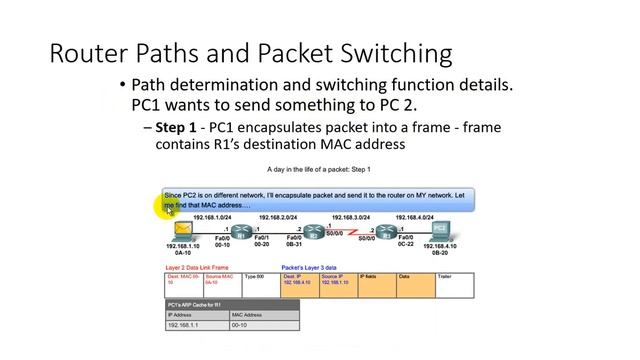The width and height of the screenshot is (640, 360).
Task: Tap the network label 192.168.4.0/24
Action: pos(414,217)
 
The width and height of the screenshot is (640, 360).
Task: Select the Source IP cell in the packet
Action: pos(338,281)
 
